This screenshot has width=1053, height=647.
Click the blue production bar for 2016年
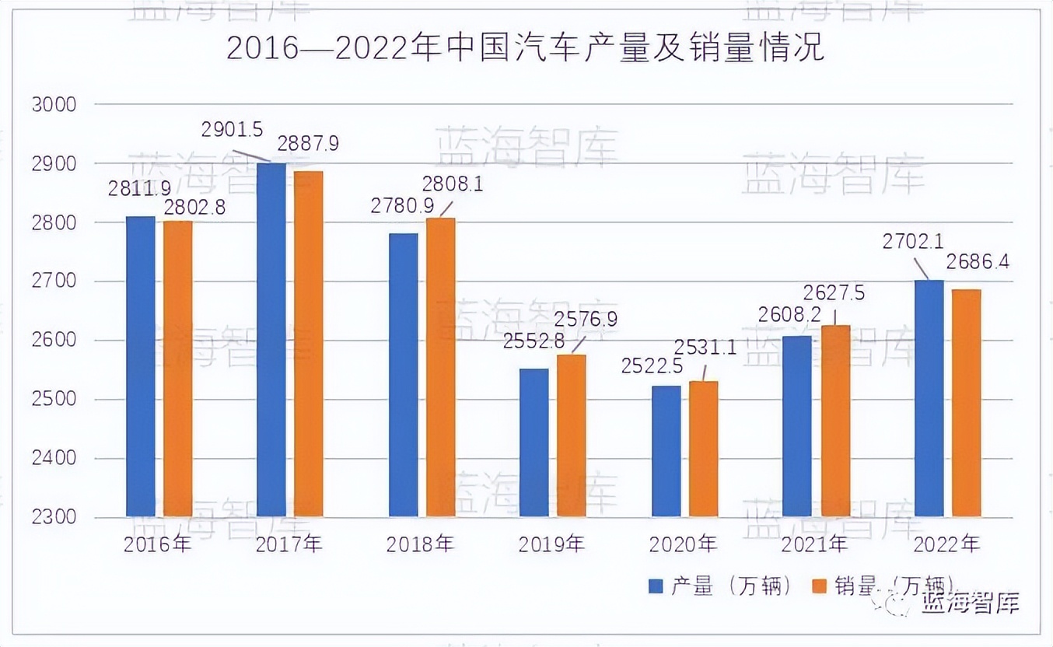click(140, 366)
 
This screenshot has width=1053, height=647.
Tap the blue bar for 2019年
click(533, 442)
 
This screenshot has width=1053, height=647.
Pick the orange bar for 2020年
click(703, 449)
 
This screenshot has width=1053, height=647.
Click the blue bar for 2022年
click(929, 398)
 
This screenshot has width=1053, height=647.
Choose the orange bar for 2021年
click(835, 421)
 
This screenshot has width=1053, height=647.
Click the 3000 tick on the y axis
click(54, 104)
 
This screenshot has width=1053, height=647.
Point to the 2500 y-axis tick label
click(54, 400)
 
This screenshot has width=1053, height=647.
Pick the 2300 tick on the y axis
click(54, 518)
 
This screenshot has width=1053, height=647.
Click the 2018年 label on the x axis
click(420, 544)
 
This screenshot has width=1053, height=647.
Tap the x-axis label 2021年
click(815, 544)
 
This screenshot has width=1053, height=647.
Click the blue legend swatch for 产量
click(656, 586)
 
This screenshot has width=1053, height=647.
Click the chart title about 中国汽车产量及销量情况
click(526, 48)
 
